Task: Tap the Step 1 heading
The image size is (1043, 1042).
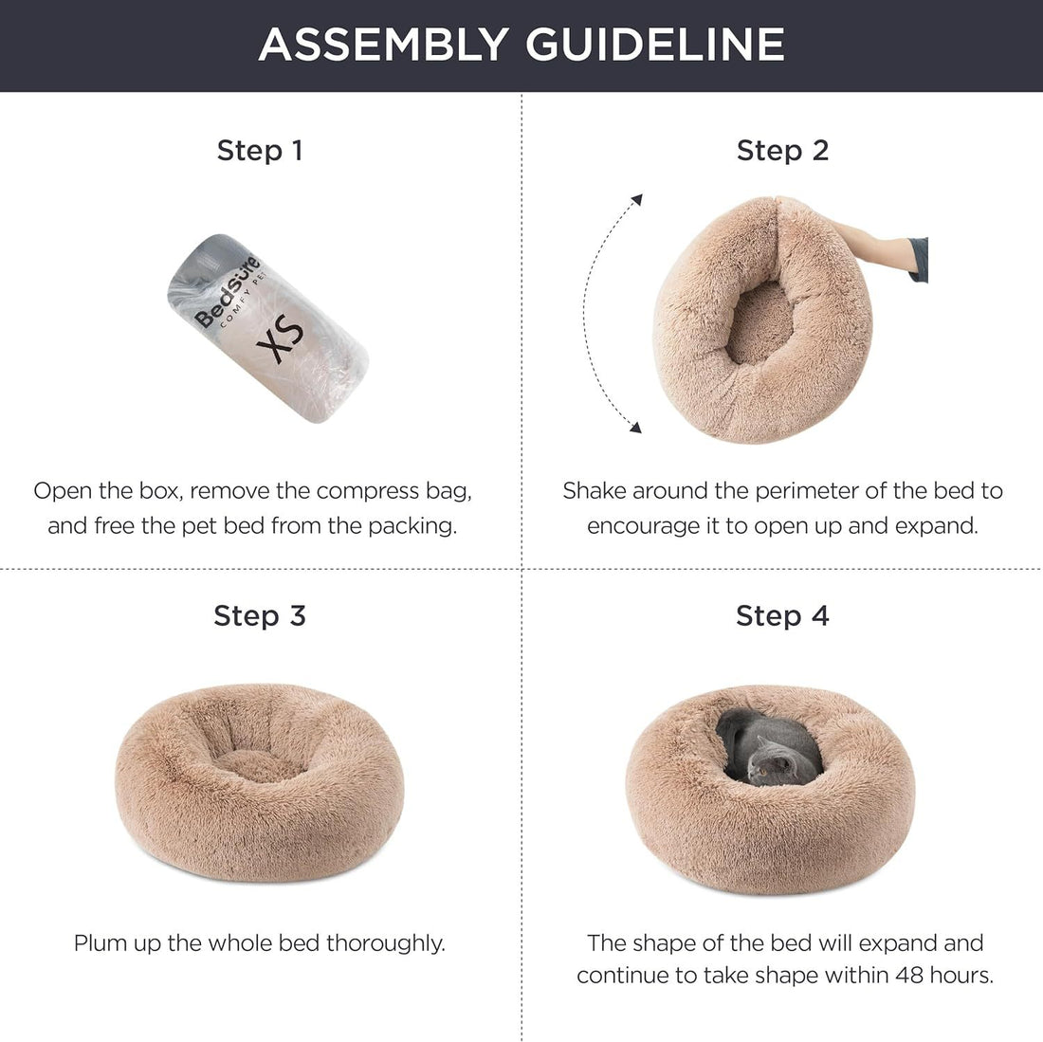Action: click(260, 150)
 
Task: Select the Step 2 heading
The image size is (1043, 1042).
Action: click(782, 150)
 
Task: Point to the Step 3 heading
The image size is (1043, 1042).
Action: click(260, 615)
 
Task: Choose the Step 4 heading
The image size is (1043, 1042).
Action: click(782, 615)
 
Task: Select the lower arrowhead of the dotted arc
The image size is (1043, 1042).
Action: click(635, 428)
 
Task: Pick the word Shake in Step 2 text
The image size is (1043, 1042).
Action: click(594, 491)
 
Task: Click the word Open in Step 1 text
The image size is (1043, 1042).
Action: click(60, 491)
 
